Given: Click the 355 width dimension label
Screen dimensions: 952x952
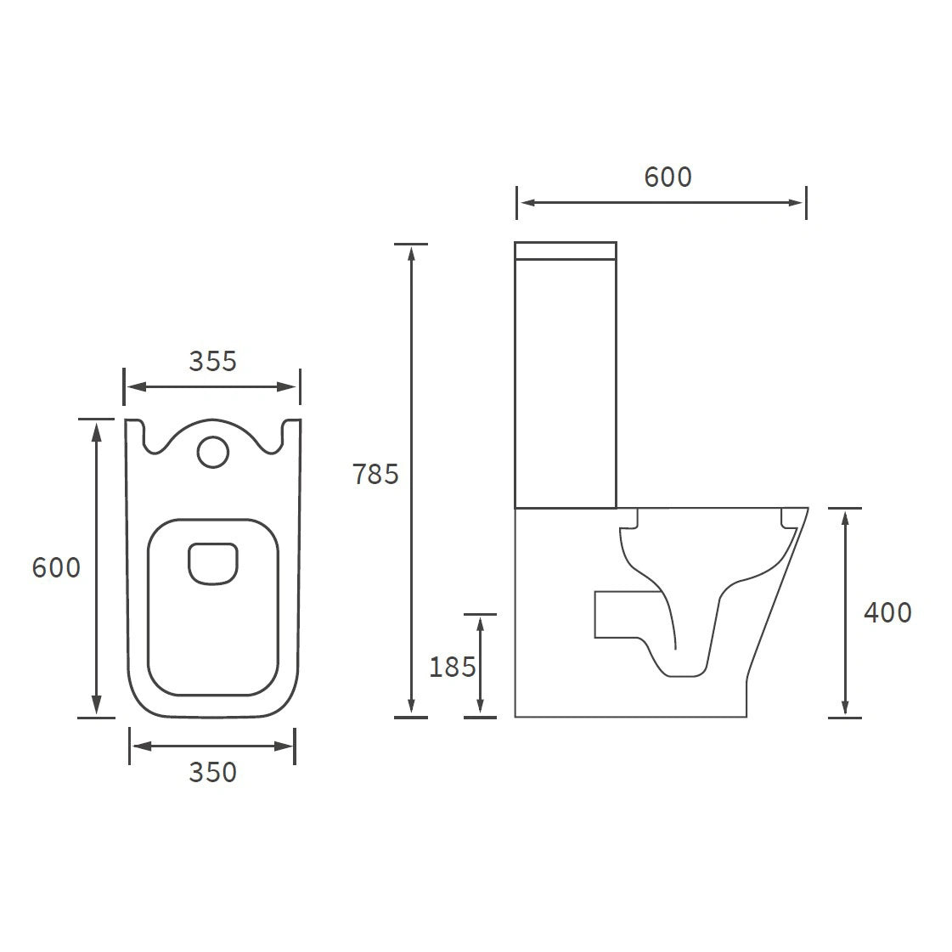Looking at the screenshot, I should coord(212,361).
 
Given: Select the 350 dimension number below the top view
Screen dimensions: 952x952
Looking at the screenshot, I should coord(212,772).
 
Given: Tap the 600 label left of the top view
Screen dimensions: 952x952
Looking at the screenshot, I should coord(56,567).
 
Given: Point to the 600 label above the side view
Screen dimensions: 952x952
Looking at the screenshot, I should coord(668,177).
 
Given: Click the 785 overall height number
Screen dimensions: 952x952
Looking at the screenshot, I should coord(375,474).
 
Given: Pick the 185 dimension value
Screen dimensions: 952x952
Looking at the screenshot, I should coord(452,668).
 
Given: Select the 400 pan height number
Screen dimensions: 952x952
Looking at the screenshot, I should coord(887,612).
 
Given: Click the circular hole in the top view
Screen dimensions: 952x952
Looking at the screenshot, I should coord(212,452).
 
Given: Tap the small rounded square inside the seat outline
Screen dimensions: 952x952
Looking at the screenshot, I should coord(212,564).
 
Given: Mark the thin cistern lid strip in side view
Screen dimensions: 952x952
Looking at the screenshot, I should coord(566,250).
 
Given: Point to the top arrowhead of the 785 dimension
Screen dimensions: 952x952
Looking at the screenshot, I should coord(411,252).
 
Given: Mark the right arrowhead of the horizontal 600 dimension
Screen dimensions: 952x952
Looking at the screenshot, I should coord(796,202).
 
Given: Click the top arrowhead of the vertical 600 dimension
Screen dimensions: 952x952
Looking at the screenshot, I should coord(97,429).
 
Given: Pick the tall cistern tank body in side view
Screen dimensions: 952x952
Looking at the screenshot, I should coord(566,382).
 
